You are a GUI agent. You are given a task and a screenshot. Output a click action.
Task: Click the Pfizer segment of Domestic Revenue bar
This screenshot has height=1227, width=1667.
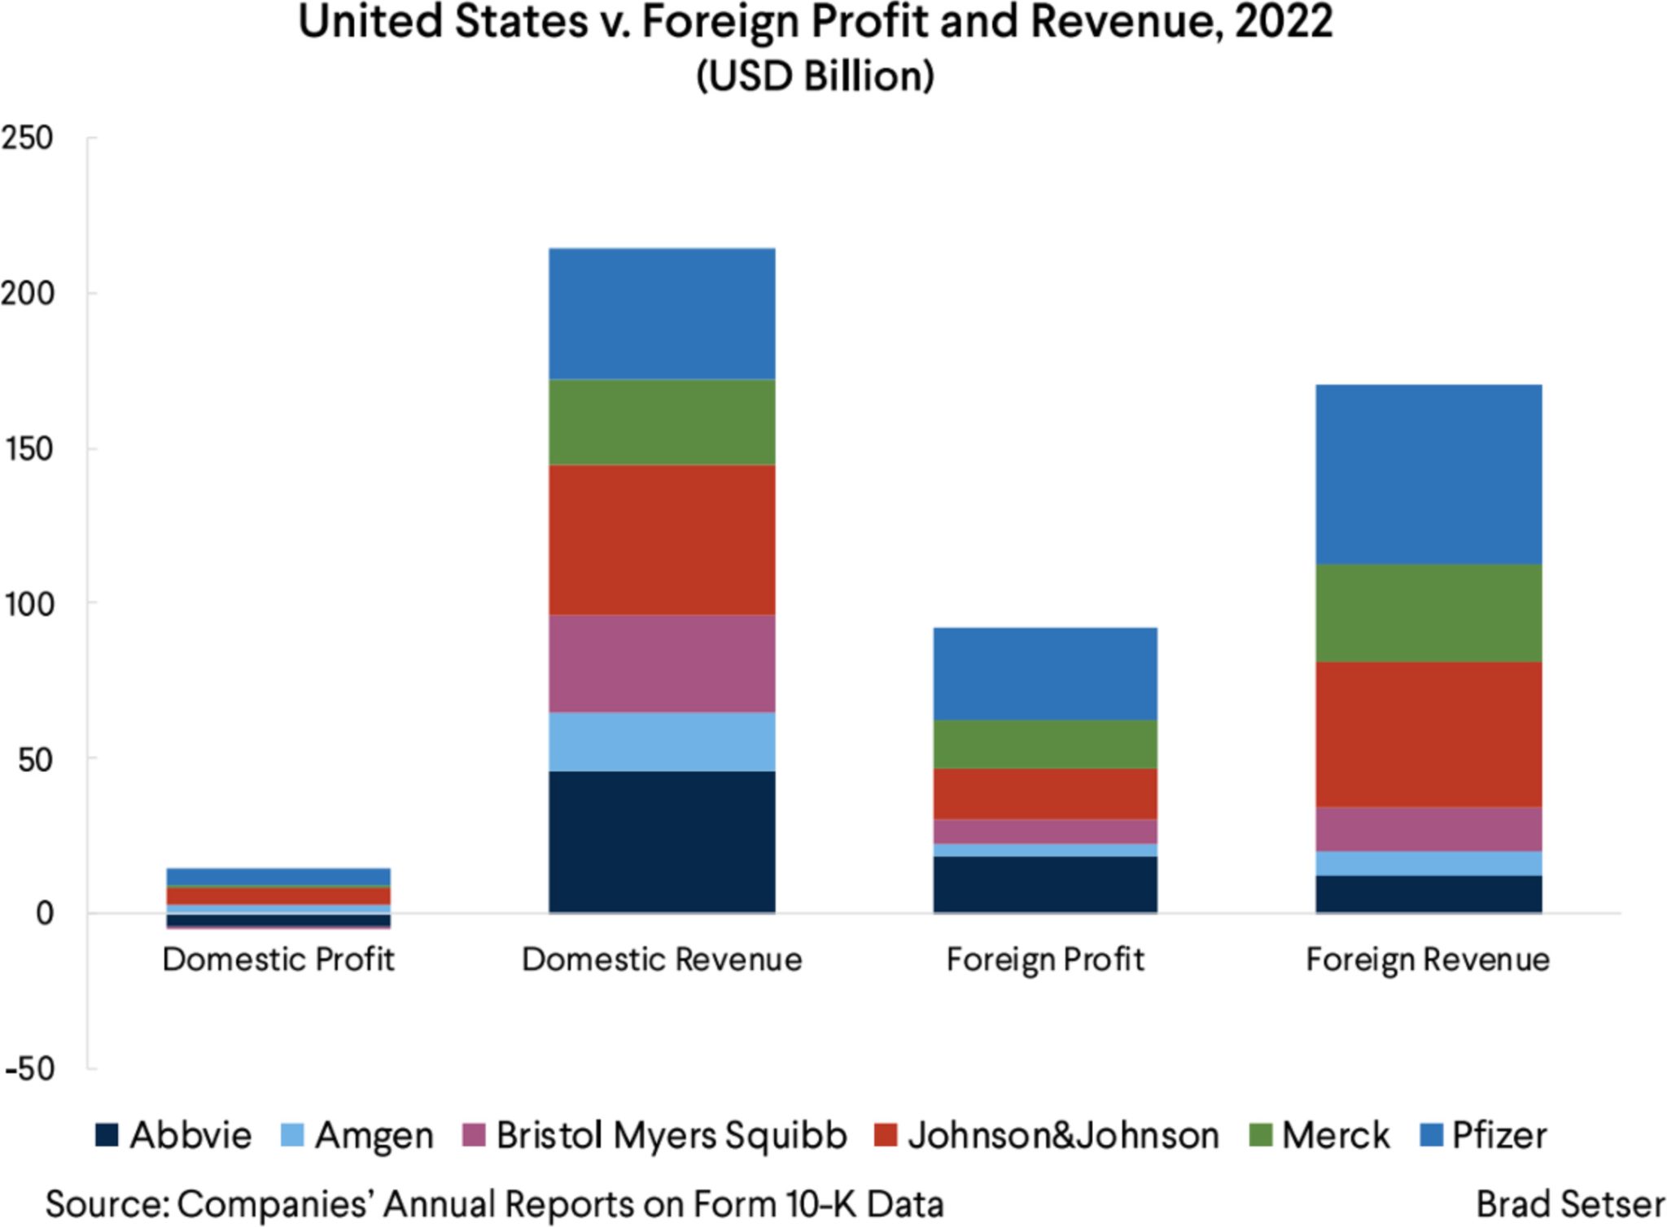(x=662, y=314)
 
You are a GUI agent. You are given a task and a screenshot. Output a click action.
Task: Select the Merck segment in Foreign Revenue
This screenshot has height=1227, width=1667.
(x=1429, y=613)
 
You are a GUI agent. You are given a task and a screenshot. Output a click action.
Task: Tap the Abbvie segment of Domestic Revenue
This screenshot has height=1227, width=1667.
(x=662, y=841)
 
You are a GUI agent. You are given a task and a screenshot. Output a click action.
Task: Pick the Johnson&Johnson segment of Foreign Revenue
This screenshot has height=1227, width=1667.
(x=1429, y=734)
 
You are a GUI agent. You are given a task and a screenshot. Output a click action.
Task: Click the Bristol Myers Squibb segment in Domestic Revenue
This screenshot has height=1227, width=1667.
(x=662, y=663)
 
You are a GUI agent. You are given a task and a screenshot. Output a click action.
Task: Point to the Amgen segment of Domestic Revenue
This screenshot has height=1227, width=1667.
(x=662, y=741)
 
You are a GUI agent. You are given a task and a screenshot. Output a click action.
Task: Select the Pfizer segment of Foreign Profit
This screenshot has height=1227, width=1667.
(x=1045, y=674)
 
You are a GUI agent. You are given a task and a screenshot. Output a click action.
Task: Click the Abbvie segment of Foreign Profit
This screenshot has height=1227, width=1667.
(x=1045, y=884)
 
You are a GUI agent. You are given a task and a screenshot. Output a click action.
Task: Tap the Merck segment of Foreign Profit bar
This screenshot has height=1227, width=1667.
(x=1045, y=744)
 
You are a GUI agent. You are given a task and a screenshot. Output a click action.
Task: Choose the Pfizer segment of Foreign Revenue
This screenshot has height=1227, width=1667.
(x=1429, y=474)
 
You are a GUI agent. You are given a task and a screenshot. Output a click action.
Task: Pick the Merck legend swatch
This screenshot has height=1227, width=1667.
(x=1260, y=1135)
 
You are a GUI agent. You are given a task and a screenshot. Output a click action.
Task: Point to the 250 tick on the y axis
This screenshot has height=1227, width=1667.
(x=28, y=138)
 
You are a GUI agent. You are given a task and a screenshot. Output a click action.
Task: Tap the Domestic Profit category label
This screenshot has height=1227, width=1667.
(x=278, y=959)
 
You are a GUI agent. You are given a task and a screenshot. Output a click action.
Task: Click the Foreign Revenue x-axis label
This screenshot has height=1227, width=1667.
(x=1428, y=959)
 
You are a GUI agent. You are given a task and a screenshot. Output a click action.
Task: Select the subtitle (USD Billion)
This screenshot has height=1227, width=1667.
(x=815, y=76)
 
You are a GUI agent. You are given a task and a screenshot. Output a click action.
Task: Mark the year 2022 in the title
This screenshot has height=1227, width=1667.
(x=1284, y=23)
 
